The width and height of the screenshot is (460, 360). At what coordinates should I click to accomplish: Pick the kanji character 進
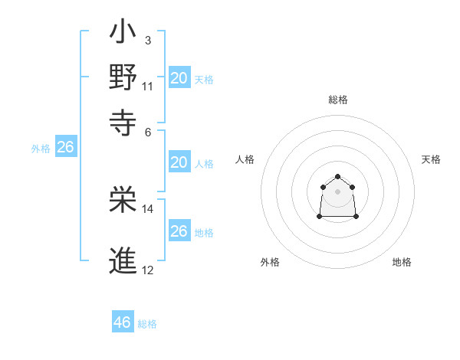pos(122,260)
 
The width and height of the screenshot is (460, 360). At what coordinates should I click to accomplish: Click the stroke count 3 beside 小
pos(147,40)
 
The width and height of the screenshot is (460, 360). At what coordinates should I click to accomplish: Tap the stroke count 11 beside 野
pos(148,85)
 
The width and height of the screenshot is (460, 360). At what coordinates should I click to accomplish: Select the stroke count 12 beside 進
pos(148,270)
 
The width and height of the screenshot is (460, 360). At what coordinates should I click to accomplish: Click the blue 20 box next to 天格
pos(179,77)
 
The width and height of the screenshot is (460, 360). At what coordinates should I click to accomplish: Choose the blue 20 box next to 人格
pos(179,162)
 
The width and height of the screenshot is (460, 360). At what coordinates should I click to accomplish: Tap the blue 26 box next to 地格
pos(179,231)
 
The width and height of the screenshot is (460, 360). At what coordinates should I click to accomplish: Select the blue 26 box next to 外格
pos(65,147)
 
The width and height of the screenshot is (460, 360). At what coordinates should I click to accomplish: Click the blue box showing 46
pos(122,322)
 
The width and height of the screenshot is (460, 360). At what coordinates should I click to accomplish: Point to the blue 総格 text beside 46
pos(147,324)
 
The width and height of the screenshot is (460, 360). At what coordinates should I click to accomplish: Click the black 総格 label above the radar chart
pos(337,100)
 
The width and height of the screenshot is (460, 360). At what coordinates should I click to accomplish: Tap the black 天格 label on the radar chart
pos(431,159)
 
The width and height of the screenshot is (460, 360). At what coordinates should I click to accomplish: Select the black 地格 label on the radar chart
pos(402,262)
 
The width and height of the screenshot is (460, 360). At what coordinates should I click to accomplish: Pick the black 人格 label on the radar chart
pos(245,159)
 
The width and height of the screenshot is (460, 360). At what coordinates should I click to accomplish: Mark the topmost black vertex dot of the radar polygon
pos(337,176)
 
